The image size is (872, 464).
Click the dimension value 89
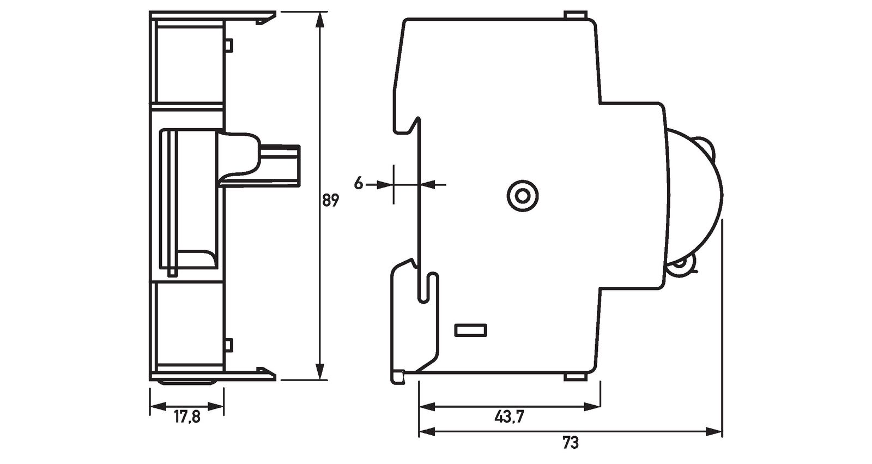tap(330, 200)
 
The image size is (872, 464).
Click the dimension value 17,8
tap(187, 417)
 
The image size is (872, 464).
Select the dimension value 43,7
tap(509, 417)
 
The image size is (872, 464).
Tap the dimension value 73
tap(570, 442)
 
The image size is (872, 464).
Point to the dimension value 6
tap(358, 183)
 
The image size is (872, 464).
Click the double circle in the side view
tap(523, 196)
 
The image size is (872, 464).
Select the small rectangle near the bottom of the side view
tap(471, 330)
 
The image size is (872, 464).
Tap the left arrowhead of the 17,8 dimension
tap(156, 406)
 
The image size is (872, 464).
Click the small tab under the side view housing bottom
tap(575, 377)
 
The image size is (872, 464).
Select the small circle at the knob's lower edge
tap(681, 266)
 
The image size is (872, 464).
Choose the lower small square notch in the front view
tap(229, 344)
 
